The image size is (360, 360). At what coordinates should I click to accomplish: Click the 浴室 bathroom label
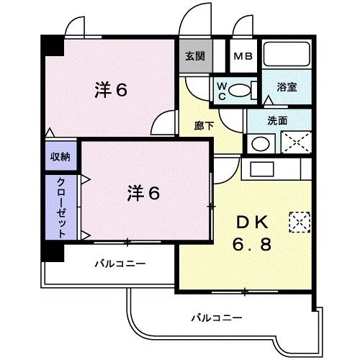287,87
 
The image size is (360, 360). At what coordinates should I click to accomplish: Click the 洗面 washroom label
277,120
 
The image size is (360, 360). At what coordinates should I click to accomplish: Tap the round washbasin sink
258,142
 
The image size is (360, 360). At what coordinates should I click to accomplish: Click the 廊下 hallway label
204,125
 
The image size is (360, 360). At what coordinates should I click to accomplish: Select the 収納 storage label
60,156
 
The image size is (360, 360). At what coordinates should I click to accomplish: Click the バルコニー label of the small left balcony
120,264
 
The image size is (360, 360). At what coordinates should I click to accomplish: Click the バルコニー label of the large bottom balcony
217,317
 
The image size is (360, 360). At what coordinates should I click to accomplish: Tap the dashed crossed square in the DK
297,220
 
